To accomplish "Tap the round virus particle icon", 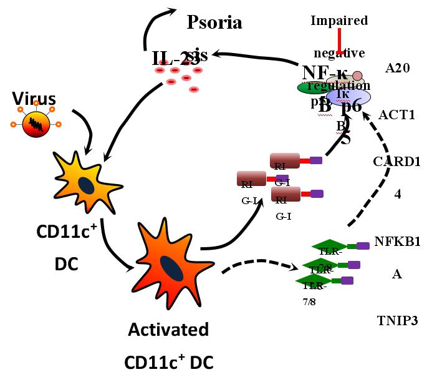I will tap(36, 125).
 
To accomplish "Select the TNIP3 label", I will tap(397, 321).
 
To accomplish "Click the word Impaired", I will tap(339, 21).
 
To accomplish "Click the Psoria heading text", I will tap(214, 23).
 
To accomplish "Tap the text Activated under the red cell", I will tap(168, 330).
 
